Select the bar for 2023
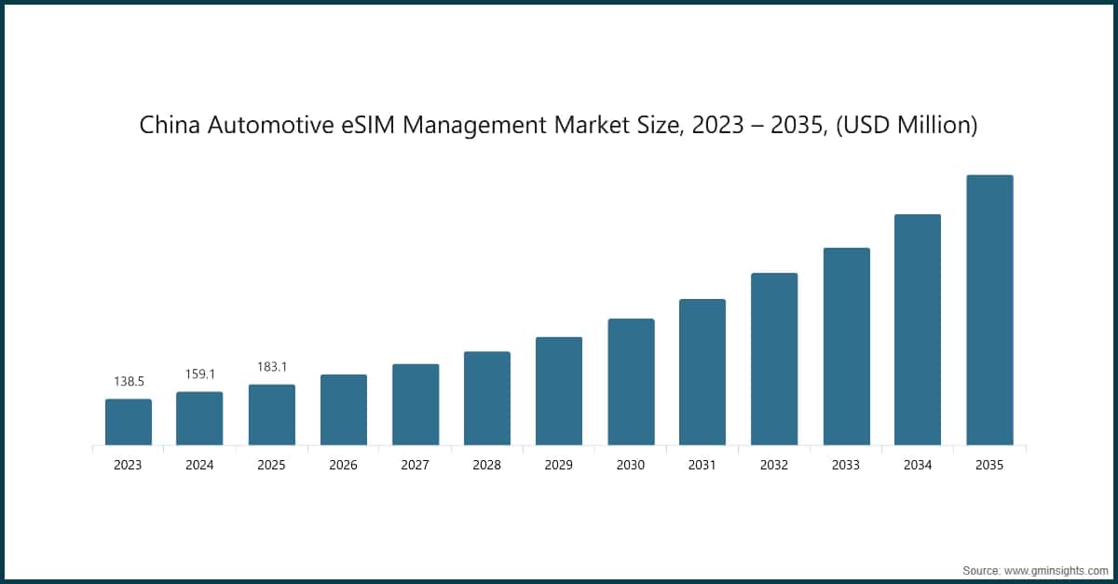(x=129, y=422)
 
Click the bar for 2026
(x=344, y=410)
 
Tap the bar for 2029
(x=559, y=391)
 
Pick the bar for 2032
(x=774, y=359)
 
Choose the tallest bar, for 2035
(x=989, y=310)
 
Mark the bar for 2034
(x=918, y=330)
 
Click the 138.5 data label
(x=129, y=383)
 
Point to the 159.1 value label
(x=199, y=374)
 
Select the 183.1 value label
(x=271, y=368)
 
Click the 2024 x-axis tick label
(x=199, y=465)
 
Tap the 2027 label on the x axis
(x=415, y=465)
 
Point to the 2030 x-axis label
(x=631, y=465)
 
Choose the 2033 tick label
(x=846, y=465)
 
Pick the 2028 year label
(x=486, y=465)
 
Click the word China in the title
(x=169, y=125)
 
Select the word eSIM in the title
(x=357, y=125)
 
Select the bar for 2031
(x=702, y=372)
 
